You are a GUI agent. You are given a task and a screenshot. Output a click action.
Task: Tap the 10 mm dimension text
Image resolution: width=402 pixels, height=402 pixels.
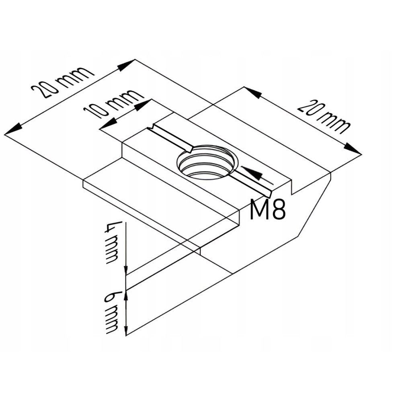click(x=113, y=103)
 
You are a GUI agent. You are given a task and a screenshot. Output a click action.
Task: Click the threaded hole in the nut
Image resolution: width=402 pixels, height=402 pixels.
click(x=207, y=162)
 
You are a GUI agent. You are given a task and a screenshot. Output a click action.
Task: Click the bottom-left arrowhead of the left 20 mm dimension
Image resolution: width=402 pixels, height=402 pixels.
click(x=13, y=129)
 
